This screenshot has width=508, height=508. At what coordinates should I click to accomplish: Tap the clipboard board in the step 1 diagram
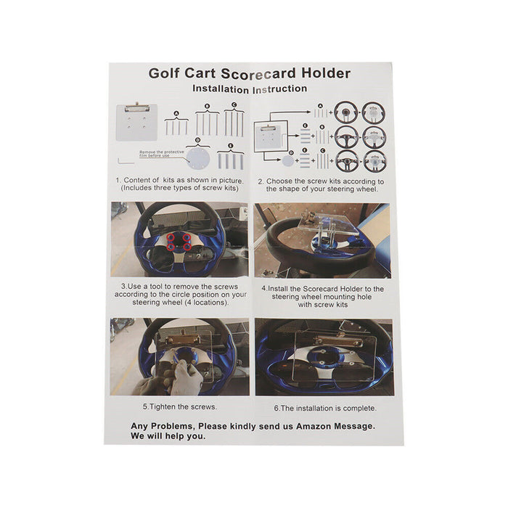click(x=137, y=122)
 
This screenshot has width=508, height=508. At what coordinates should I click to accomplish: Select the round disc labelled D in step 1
click(x=198, y=157)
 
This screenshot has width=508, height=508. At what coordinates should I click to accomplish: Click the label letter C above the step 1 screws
click(x=234, y=105)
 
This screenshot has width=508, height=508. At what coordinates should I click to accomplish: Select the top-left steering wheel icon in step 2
click(x=347, y=113)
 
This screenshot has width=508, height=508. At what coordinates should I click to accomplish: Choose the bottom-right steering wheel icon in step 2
click(x=374, y=160)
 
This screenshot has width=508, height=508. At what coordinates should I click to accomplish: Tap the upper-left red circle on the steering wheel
click(x=172, y=237)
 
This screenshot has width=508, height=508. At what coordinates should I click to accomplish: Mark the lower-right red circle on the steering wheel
click(x=187, y=247)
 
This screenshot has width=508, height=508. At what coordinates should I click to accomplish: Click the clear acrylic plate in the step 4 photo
click(x=329, y=226)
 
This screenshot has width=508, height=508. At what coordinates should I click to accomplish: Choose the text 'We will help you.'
click(x=168, y=437)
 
